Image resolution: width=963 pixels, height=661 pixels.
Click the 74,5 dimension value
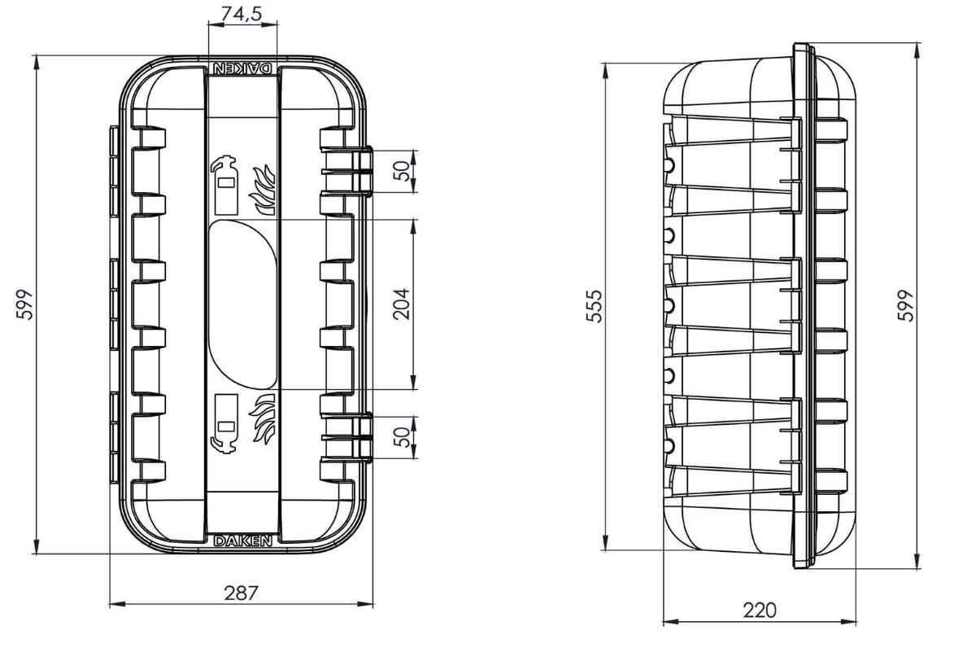point(242,14)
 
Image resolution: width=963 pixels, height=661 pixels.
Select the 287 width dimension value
point(242,593)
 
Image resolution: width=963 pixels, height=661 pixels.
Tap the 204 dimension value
point(401,304)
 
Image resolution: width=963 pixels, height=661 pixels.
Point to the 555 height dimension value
point(595,305)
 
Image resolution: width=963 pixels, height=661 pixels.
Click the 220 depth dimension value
point(760,610)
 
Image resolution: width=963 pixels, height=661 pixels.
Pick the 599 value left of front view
point(25,304)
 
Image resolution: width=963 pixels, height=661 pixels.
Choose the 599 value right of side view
point(906,305)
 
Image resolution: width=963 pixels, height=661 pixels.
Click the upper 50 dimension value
point(401,171)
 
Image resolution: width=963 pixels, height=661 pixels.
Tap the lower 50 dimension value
point(401,437)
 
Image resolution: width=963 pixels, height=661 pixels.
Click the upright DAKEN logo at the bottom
point(242,541)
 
